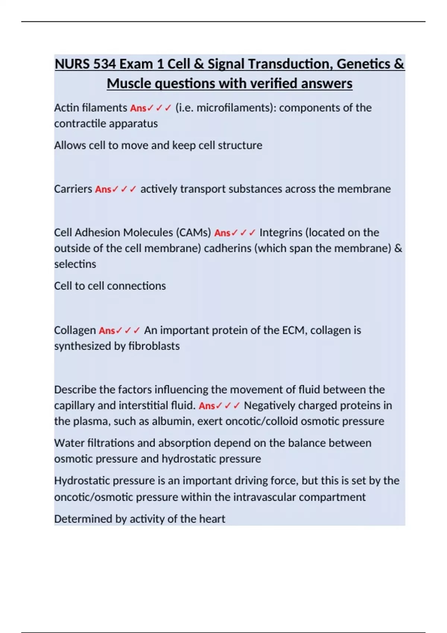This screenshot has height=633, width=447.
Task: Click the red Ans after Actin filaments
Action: coord(138,108)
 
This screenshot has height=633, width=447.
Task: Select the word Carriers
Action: coord(73,189)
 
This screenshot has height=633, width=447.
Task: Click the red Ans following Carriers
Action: coord(103,190)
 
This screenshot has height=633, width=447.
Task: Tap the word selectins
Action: coord(75,264)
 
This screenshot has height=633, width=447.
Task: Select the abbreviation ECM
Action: coord(293,330)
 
